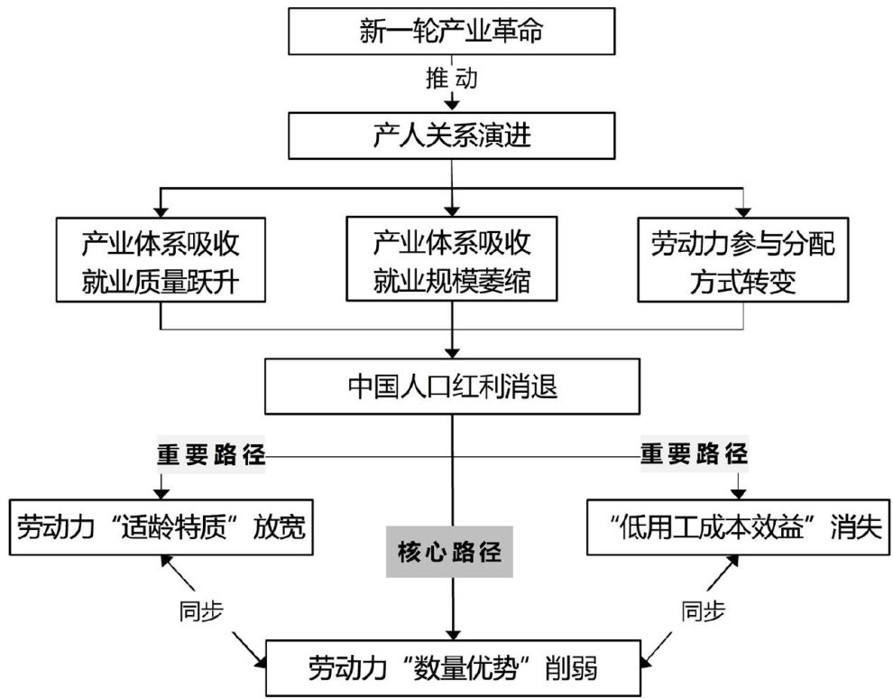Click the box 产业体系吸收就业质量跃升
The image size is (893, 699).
coord(161,259)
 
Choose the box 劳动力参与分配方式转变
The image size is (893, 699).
coord(743,259)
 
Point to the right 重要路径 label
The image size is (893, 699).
coord(695,454)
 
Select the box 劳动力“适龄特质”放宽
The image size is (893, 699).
coord(161,527)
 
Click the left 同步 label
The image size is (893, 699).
coord(197,612)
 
